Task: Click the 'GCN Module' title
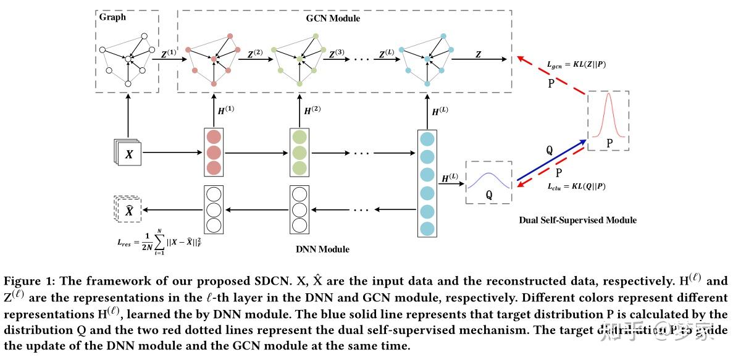click(333, 19)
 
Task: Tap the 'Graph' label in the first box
click(112, 17)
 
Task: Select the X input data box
click(128, 154)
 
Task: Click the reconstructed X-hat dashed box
click(128, 211)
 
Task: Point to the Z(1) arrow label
click(168, 54)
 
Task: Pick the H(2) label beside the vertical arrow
click(312, 110)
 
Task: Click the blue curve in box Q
click(488, 180)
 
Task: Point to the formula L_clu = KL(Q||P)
click(576, 186)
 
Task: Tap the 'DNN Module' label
click(322, 249)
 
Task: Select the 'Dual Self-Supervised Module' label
click(577, 220)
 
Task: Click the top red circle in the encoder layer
click(213, 138)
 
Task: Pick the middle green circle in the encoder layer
click(299, 153)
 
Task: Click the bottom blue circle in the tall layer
click(427, 228)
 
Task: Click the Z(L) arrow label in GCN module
click(385, 54)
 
